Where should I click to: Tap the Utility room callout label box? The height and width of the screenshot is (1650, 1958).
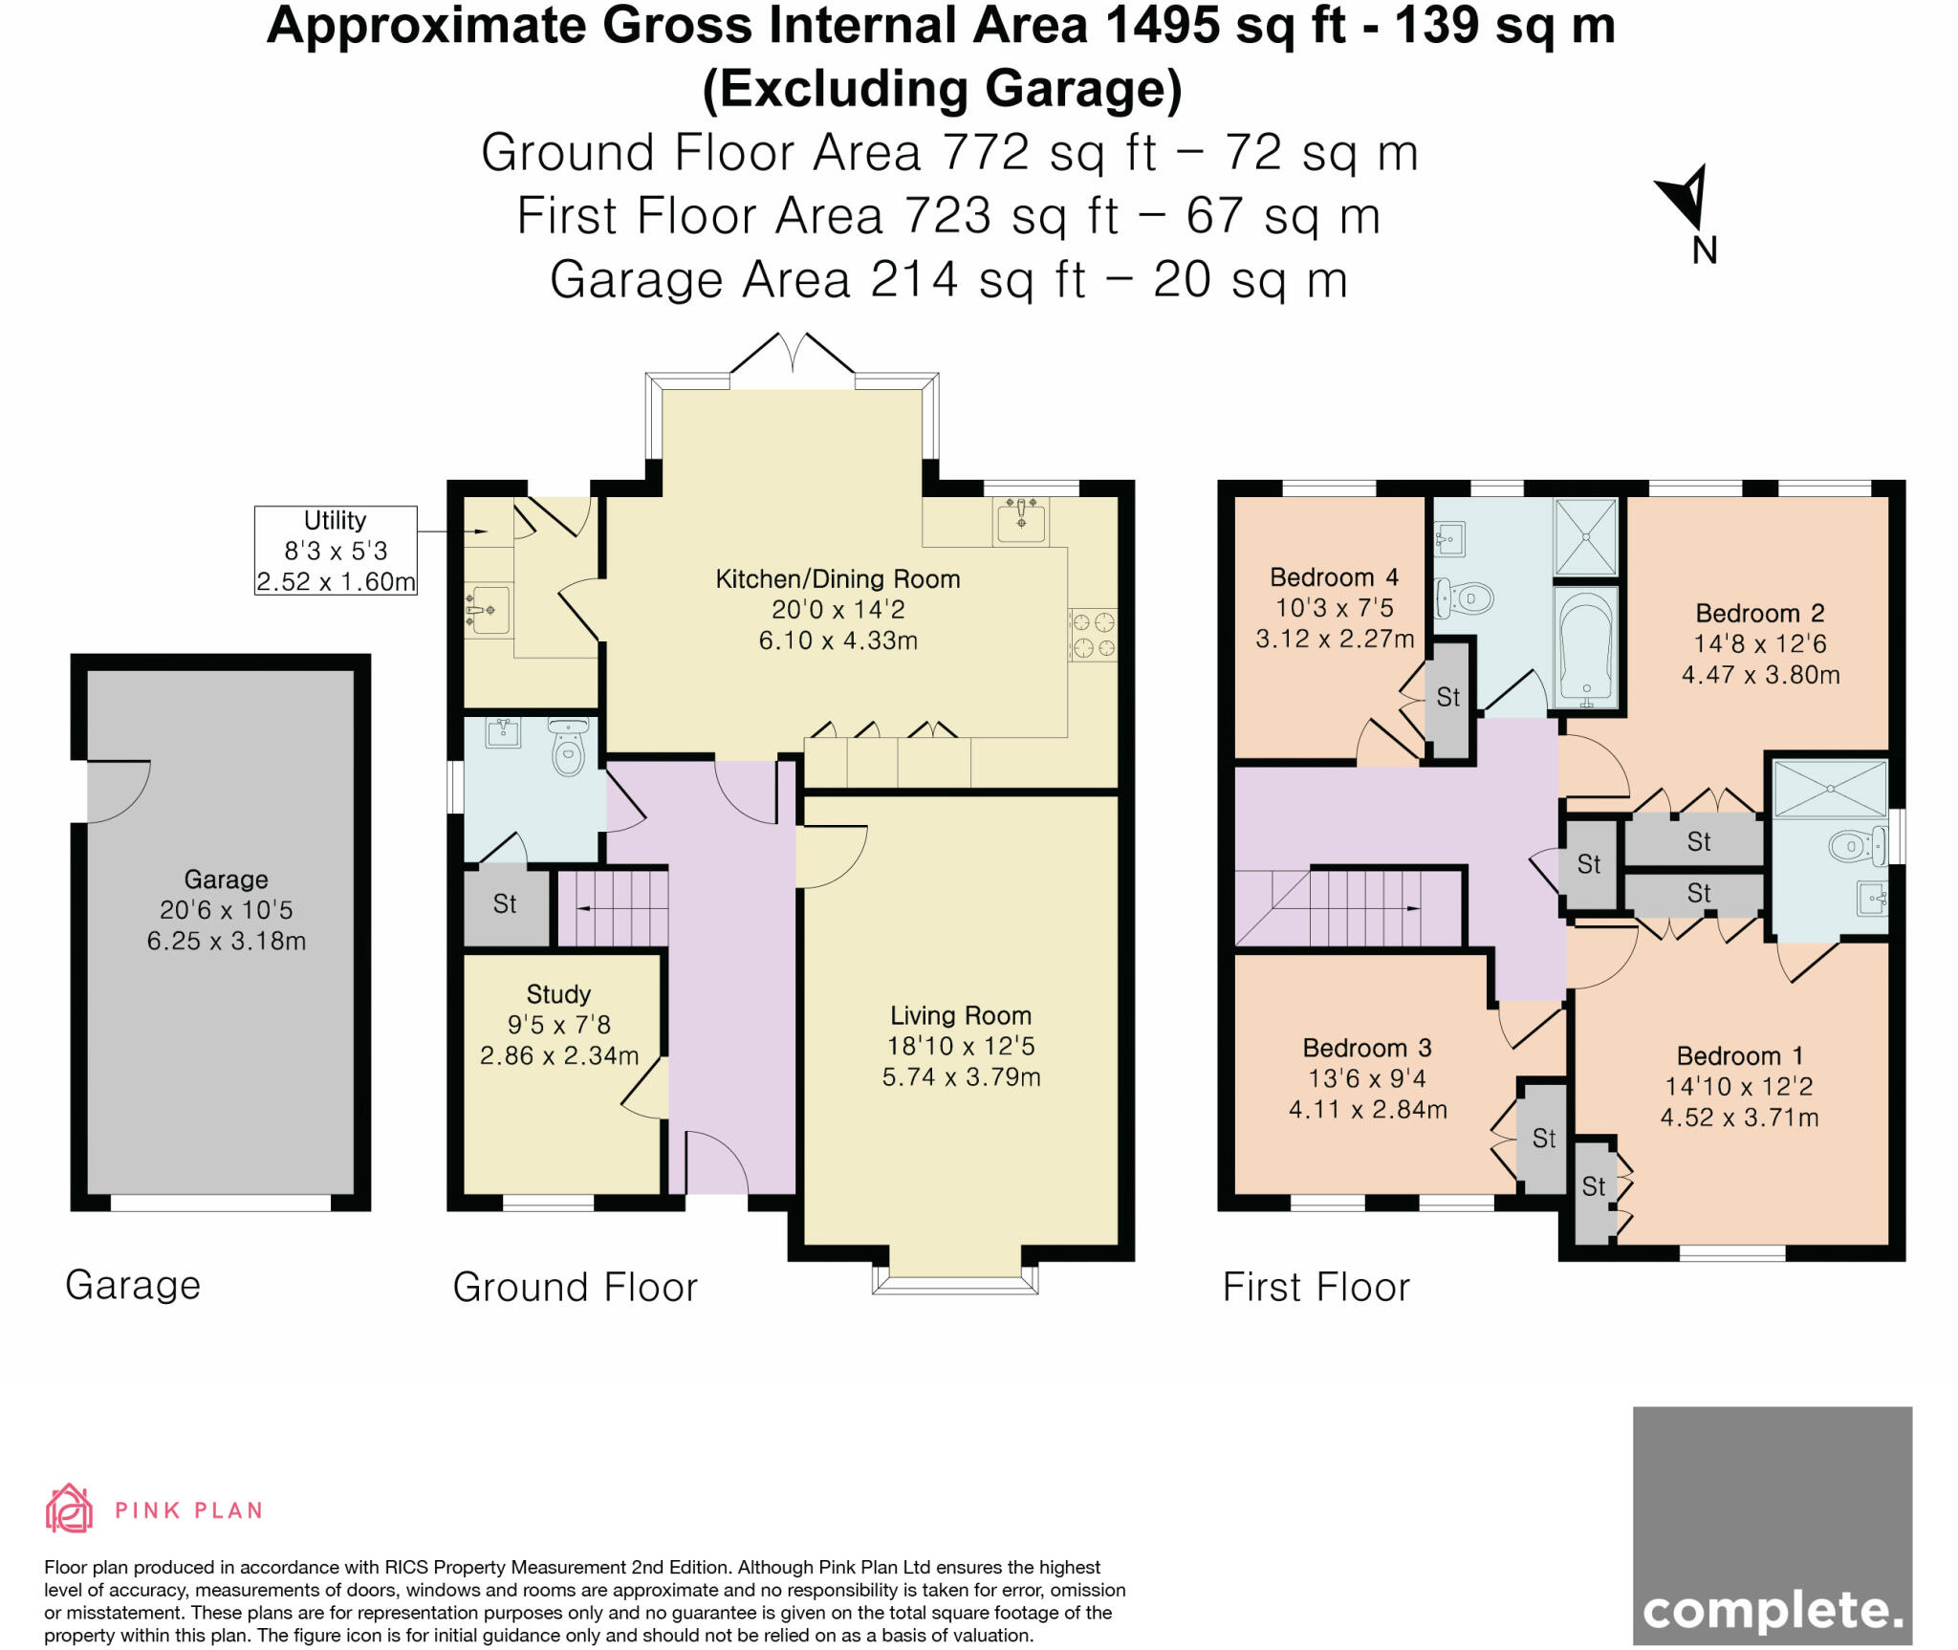pyautogui.click(x=335, y=551)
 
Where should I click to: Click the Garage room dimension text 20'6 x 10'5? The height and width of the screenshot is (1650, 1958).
pyautogui.click(x=226, y=910)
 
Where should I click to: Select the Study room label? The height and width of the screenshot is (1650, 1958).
pyautogui.click(x=558, y=994)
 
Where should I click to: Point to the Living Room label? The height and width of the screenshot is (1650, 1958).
pyautogui.click(x=960, y=1015)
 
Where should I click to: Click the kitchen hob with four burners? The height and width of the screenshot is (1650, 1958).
pyautogui.click(x=1093, y=636)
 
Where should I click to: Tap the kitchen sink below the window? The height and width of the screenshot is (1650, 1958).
pyautogui.click(x=1021, y=520)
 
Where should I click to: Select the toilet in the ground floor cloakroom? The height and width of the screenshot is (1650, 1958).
pyautogui.click(x=569, y=748)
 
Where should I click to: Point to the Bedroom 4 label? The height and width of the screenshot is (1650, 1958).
pyautogui.click(x=1334, y=577)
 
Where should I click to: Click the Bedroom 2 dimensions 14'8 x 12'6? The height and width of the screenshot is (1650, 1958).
pyautogui.click(x=1760, y=643)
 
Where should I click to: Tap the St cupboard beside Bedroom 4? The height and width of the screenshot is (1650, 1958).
pyautogui.click(x=1448, y=698)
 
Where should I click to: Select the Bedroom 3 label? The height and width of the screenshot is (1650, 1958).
pyautogui.click(x=1367, y=1048)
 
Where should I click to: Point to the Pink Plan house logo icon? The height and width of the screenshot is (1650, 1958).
pyautogui.click(x=69, y=1509)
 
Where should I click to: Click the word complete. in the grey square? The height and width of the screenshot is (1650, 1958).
pyautogui.click(x=1772, y=1611)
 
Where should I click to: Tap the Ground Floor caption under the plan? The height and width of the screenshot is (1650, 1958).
pyautogui.click(x=575, y=1288)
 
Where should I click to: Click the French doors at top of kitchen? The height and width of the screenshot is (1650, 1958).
pyautogui.click(x=793, y=356)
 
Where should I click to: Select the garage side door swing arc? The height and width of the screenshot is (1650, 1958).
pyautogui.click(x=119, y=792)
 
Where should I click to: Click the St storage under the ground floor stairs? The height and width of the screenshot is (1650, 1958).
pyautogui.click(x=505, y=904)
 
